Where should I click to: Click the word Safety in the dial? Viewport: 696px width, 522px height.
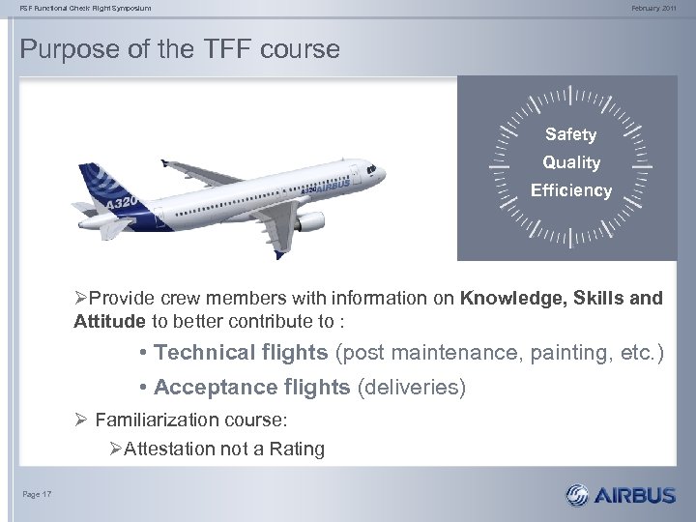570,134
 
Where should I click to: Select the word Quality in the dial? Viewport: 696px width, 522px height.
570,162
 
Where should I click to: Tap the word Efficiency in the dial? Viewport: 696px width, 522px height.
570,190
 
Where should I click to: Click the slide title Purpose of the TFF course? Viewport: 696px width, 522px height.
180,48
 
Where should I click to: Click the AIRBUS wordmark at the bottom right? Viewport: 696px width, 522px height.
635,496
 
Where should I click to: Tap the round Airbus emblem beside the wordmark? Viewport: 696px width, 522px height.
578,496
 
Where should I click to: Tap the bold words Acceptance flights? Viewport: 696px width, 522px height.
252,388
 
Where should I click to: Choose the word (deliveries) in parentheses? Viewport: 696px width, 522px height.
412,388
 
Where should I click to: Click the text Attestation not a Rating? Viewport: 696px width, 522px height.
223,449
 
